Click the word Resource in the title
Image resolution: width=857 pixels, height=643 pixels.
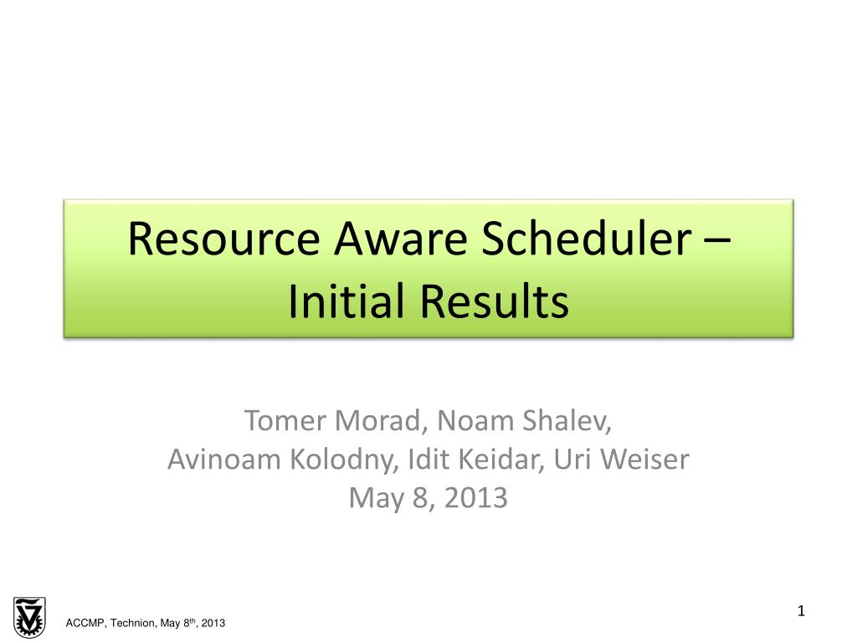(223, 239)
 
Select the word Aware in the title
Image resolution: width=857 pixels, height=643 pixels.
(401, 239)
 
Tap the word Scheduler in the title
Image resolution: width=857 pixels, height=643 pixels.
(587, 239)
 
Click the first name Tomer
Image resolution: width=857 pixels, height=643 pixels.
(285, 420)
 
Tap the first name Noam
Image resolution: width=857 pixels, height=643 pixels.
(475, 420)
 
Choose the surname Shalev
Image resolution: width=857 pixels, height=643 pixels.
(567, 420)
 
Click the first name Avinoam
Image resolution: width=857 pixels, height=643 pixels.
(224, 460)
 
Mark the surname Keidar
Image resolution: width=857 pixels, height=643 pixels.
(501, 459)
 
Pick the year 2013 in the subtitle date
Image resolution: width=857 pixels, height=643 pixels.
(476, 498)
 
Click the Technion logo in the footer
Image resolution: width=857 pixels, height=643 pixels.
(29, 617)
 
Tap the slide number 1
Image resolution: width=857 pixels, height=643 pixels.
(801, 610)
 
